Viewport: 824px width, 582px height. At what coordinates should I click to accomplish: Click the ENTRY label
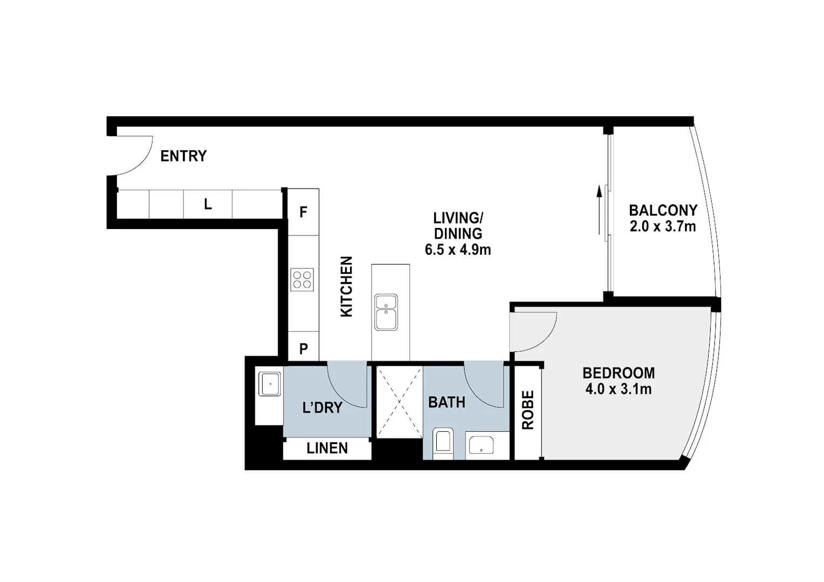[183, 156]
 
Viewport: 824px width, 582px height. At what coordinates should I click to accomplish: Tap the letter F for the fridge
[303, 212]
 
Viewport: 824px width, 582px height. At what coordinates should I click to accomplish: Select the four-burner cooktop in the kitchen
[302, 280]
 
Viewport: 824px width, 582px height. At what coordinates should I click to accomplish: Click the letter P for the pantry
[304, 349]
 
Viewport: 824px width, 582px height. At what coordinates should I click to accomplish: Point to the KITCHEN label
[346, 287]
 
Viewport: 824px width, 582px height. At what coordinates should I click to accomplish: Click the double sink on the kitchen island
[386, 312]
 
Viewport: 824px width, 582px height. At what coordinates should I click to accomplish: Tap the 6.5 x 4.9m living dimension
[458, 250]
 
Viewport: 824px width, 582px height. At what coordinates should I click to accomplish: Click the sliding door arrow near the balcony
[599, 210]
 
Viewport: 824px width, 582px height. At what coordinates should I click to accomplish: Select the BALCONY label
[663, 210]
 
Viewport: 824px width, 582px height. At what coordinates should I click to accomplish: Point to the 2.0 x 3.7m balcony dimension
[663, 226]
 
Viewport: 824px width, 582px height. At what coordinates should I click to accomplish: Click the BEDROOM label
[619, 373]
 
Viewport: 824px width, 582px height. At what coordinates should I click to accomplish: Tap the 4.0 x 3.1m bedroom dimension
[619, 389]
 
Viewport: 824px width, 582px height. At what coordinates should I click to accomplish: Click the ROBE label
[528, 410]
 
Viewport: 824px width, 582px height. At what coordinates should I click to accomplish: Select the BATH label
[447, 402]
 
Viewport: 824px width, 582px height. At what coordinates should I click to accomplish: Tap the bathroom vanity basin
[480, 446]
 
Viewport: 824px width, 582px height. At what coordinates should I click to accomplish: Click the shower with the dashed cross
[399, 401]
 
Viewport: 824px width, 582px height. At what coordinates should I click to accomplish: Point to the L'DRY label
[322, 407]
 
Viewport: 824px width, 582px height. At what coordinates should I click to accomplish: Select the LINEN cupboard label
[327, 448]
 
